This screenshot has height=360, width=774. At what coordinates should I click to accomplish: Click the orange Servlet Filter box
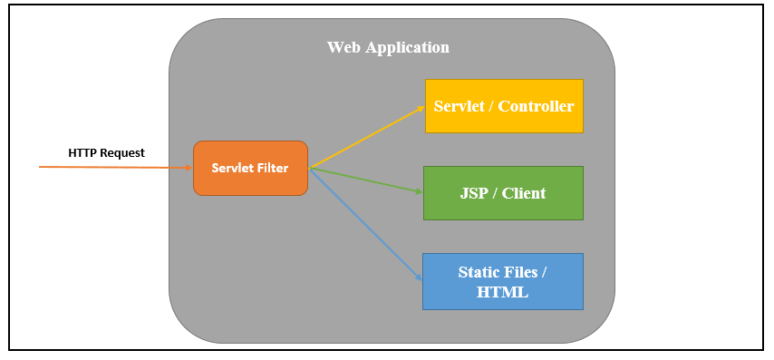pyautogui.click(x=250, y=168)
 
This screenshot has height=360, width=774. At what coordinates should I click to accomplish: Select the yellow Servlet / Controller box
pyautogui.click(x=503, y=106)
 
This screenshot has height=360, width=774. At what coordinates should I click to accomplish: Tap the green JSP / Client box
pyautogui.click(x=503, y=193)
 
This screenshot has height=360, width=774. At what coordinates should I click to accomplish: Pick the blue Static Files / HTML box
pyautogui.click(x=503, y=281)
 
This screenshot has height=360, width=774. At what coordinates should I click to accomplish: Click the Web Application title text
pyautogui.click(x=388, y=47)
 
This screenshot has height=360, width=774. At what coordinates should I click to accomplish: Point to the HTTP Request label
pyautogui.click(x=106, y=152)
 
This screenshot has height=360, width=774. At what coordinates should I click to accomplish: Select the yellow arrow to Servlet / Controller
pyautogui.click(x=367, y=137)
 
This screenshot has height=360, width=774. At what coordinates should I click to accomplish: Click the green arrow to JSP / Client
pyautogui.click(x=367, y=180)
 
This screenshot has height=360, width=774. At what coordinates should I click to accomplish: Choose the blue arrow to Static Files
pyautogui.click(x=367, y=225)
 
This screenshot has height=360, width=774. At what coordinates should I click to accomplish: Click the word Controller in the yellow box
pyautogui.click(x=536, y=106)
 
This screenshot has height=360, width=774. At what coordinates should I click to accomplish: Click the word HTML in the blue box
pyautogui.click(x=503, y=293)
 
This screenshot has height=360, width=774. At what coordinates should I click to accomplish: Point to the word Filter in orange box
pyautogui.click(x=271, y=168)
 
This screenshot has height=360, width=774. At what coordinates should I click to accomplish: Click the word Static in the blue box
pyautogui.click(x=479, y=272)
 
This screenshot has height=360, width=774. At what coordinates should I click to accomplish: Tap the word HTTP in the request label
pyautogui.click(x=82, y=152)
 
